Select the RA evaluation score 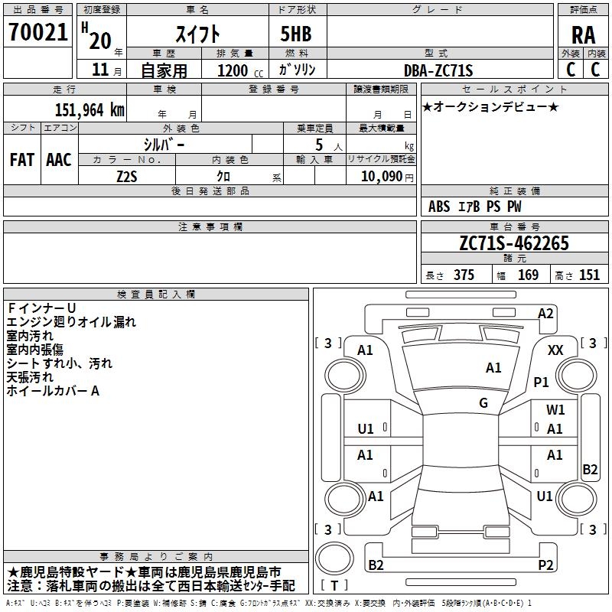point(583,34)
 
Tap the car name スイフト point(198,34)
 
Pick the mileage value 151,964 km point(90,109)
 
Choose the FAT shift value point(22,160)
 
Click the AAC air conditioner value point(59,160)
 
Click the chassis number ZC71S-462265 point(513,244)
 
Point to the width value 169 point(528,275)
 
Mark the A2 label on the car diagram point(545,313)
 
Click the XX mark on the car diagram point(555,350)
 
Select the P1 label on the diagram point(542,382)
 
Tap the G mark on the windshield point(483,403)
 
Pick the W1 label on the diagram point(555,410)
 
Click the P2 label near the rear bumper point(545,565)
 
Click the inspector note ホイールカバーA point(54,391)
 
